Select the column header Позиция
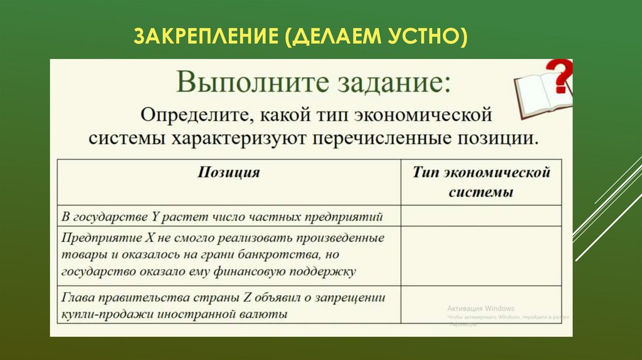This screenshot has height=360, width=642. (228, 173)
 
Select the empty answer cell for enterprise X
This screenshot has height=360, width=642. (481, 256)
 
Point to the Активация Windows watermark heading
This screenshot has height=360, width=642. (480, 309)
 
